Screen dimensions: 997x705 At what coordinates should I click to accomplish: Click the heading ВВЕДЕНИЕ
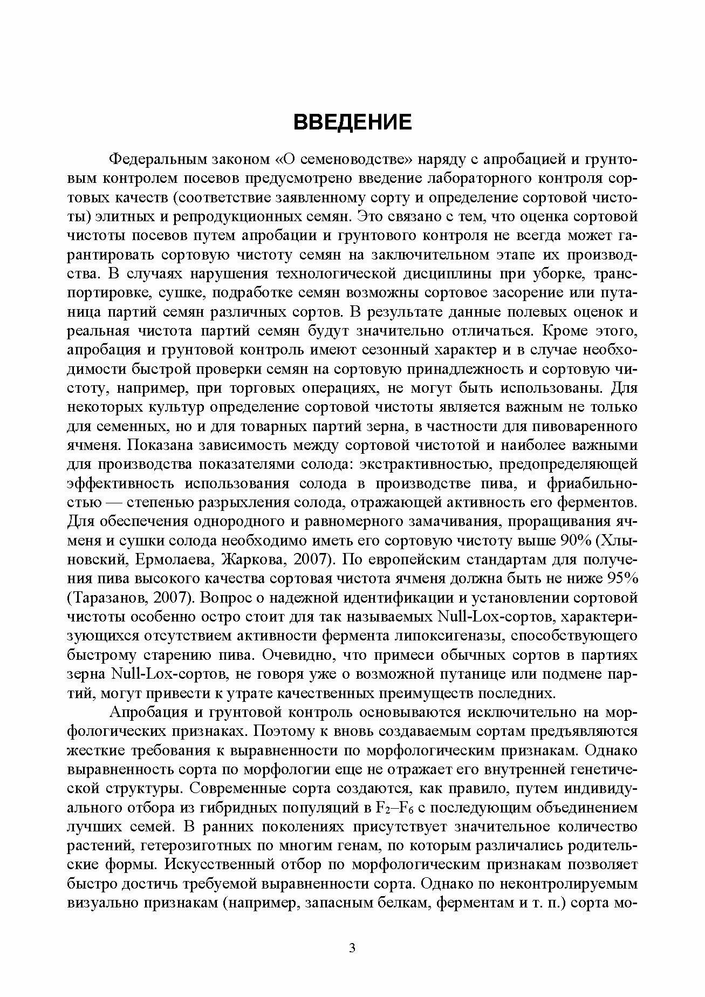tap(352, 122)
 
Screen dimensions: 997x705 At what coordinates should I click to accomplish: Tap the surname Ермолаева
tap(175, 560)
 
